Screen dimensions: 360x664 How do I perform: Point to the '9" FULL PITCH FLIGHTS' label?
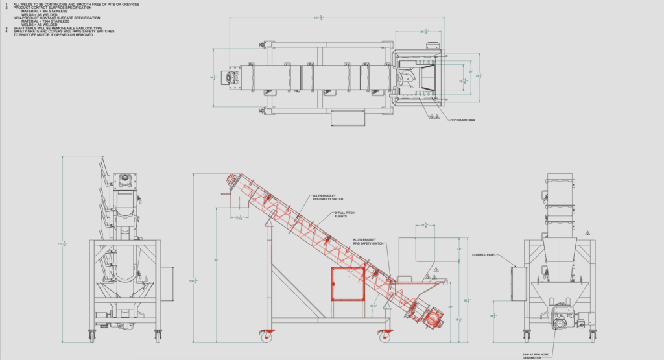pyautogui.click(x=346, y=215)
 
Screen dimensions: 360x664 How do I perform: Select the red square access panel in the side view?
pyautogui.click(x=347, y=285)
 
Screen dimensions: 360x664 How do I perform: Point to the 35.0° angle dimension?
pyautogui.click(x=373, y=306)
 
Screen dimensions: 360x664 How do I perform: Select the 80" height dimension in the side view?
pyautogui.click(x=216, y=260)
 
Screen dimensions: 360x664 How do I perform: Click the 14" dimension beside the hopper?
pyautogui.click(x=458, y=249)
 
